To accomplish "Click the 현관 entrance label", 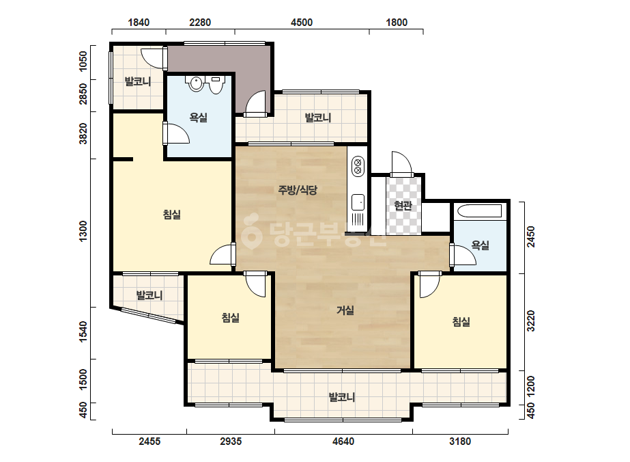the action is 403,206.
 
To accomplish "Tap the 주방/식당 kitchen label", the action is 298,189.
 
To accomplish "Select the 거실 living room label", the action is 345,310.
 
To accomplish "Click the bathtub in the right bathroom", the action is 479,211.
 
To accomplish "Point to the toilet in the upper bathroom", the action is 216,85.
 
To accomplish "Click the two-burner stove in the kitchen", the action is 357,167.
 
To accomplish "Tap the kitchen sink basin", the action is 358,202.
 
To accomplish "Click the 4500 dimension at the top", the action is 301,22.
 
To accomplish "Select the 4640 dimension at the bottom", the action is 343,441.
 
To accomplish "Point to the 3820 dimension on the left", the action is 83,133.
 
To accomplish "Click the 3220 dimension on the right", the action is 531,321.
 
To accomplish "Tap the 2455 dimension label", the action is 149,441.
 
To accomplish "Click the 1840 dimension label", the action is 139,22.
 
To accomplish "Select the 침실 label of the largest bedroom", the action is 172,215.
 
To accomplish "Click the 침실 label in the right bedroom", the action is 461,321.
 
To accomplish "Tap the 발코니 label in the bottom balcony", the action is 342,397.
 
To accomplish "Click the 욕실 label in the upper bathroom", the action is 199,118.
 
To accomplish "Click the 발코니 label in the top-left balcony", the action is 138,82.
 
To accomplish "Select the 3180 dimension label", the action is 460,441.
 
